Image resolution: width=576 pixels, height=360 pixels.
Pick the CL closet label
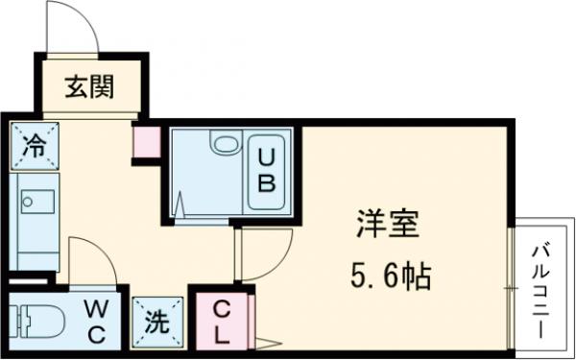pyautogui.click(x=222, y=322)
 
